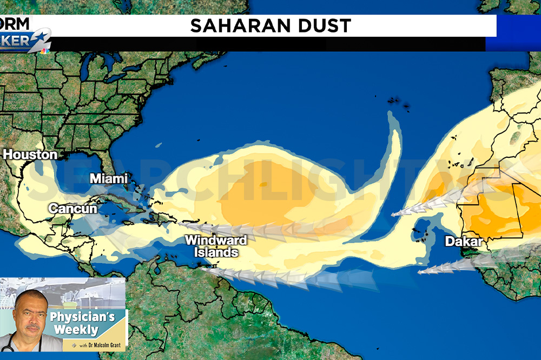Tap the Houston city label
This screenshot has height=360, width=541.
[30, 155]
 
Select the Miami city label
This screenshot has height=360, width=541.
[109, 178]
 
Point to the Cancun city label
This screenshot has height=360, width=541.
[72, 208]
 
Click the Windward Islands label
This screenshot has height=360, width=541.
[216, 246]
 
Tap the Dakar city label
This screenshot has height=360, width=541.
[464, 242]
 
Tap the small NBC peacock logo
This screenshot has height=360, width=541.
[45, 51]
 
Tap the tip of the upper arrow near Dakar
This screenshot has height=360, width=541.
[393, 215]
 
